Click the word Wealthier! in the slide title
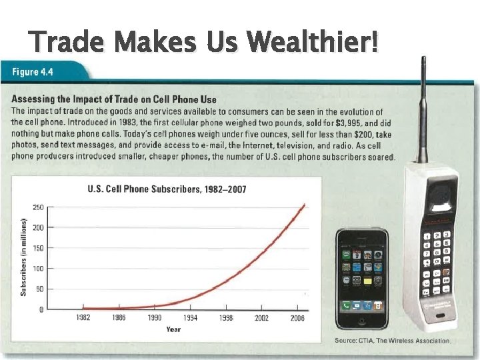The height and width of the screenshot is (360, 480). [312, 43]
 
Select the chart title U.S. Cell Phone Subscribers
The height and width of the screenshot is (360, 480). [167, 189]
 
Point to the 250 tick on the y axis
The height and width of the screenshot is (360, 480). [39, 207]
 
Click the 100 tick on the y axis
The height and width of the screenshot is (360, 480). [39, 269]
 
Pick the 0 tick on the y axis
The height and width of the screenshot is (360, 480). [41, 310]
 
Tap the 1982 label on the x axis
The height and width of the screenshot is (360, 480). [84, 319]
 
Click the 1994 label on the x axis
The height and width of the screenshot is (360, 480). [190, 319]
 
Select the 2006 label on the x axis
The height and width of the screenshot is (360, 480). [297, 319]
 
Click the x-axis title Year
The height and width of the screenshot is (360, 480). [173, 329]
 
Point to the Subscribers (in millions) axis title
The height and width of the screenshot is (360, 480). [23, 257]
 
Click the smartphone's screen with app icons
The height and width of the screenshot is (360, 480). [361, 273]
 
